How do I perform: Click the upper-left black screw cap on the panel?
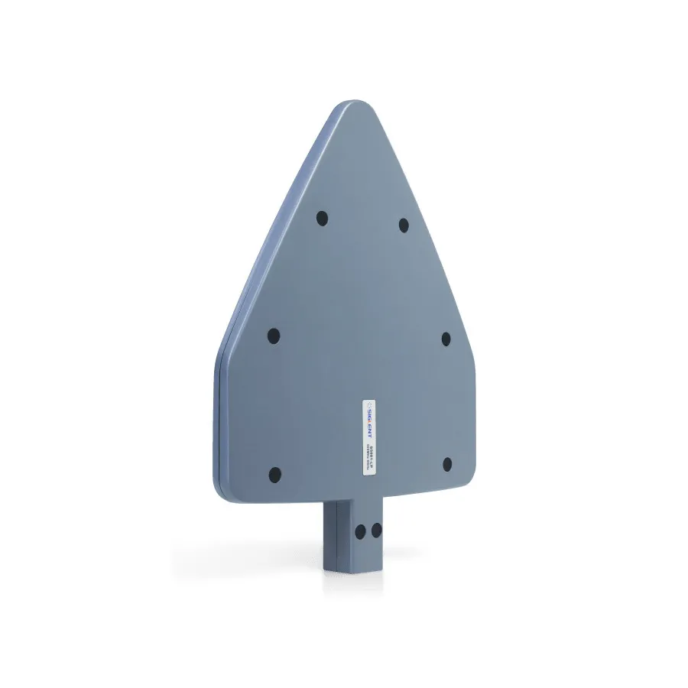click(x=322, y=219)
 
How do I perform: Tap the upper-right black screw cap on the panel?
click(x=404, y=225)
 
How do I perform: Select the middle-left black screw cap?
click(x=274, y=336)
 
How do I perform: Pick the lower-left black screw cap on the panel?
click(x=275, y=475)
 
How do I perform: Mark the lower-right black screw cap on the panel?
click(x=447, y=464)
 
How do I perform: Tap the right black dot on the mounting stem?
click(x=375, y=528)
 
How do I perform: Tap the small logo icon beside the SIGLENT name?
click(x=368, y=403)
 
